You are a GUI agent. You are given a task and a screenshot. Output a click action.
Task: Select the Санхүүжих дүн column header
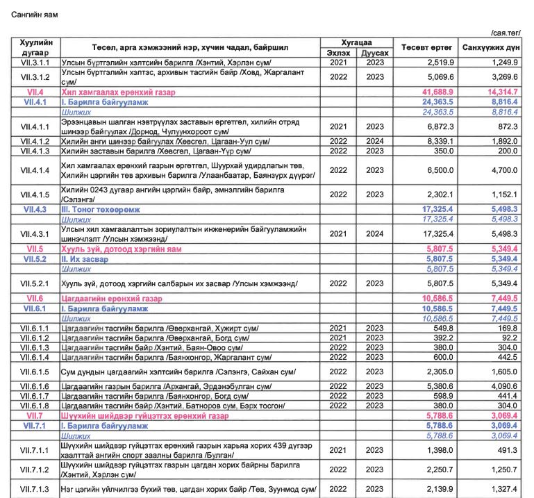[x=492, y=47]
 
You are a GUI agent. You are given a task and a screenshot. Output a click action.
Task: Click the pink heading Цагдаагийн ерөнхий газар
[x=112, y=298]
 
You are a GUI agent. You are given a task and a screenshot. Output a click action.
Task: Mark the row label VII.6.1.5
[x=35, y=372]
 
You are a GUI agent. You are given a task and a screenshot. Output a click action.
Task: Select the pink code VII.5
[x=35, y=248]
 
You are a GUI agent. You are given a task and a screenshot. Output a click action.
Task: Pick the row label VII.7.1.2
[x=35, y=469]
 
